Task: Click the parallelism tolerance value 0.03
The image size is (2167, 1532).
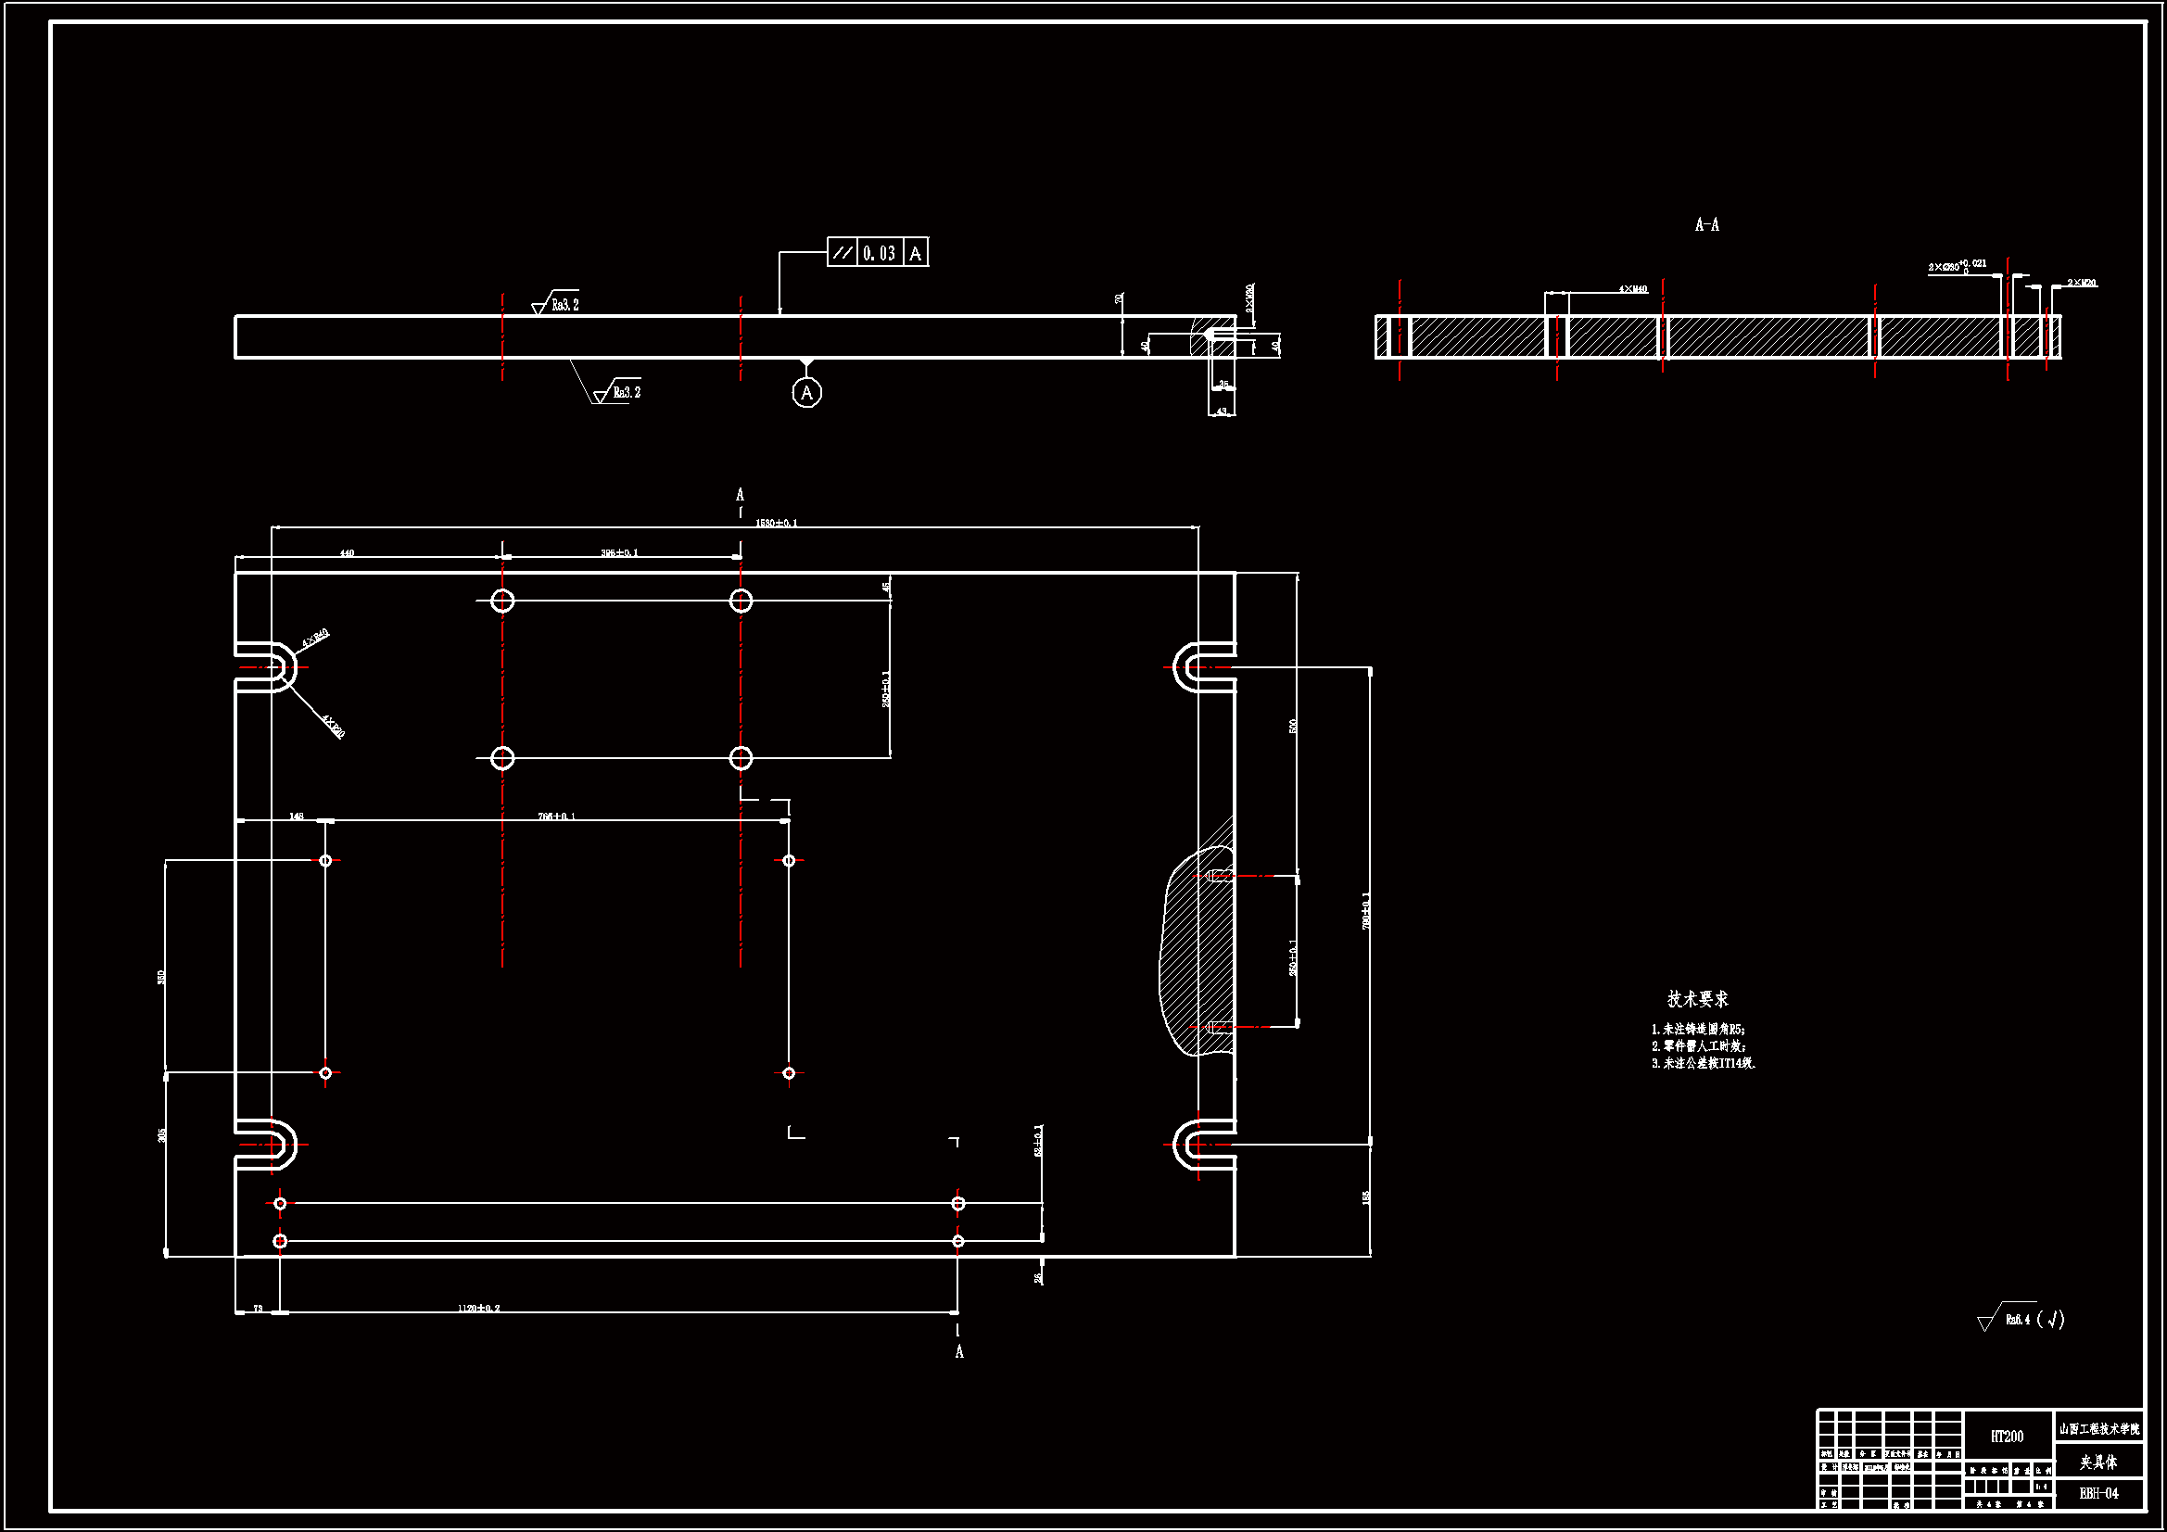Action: coord(879,253)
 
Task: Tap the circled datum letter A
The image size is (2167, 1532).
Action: coord(806,393)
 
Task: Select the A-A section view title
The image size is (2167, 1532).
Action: coord(1706,224)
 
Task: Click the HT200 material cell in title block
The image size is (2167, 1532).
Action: coord(2007,1436)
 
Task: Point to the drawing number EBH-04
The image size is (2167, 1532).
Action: coord(2098,1492)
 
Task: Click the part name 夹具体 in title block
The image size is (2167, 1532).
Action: coord(2098,1462)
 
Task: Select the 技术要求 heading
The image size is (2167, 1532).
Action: coord(1697,999)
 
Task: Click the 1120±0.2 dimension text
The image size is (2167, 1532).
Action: coord(478,1309)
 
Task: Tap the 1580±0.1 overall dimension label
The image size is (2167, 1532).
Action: coord(776,523)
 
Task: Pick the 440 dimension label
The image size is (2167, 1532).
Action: coord(347,553)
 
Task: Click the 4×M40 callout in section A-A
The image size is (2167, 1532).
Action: coord(1633,289)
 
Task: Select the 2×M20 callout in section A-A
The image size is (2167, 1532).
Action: coord(2081,283)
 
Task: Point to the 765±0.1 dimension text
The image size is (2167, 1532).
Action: coord(556,817)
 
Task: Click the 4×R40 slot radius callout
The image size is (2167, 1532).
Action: coord(314,639)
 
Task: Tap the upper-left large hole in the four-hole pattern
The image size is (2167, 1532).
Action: coord(502,601)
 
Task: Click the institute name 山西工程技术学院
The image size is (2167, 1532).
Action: coord(2099,1429)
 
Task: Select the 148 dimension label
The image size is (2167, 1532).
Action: coord(297,817)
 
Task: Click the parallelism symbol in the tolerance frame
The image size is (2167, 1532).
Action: coord(842,253)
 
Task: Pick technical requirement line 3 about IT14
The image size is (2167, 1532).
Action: coord(1703,1063)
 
